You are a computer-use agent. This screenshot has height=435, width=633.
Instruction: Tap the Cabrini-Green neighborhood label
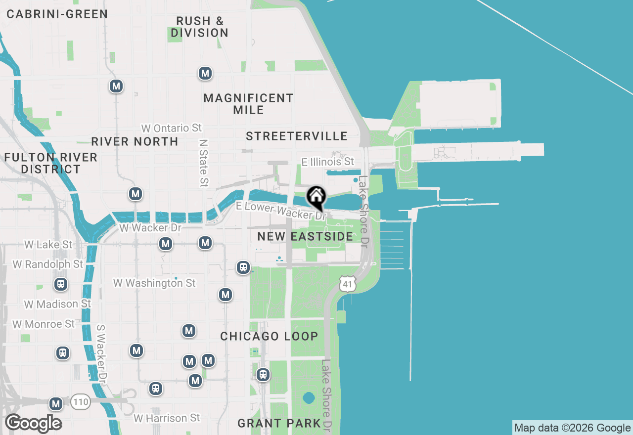pos(57,14)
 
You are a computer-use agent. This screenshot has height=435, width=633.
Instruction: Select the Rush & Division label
pos(200,27)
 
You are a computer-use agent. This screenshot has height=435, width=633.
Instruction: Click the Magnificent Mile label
pos(248,104)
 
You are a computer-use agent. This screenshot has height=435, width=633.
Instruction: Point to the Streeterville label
pos(297,136)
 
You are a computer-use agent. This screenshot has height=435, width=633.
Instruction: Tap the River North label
pos(135,141)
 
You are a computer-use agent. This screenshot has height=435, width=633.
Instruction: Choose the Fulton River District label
pos(50,163)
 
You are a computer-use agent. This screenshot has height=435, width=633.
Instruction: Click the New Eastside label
pos(305,236)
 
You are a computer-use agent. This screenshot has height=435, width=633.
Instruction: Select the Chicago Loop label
pos(269,336)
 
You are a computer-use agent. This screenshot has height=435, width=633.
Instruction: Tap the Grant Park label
pos(279,423)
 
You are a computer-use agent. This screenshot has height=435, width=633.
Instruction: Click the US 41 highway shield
pos(348,284)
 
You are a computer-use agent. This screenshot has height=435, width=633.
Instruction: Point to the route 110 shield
pos(80,402)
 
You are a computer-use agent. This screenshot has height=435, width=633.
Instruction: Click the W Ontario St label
pos(171,128)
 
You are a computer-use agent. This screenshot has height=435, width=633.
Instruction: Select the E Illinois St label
pos(328,162)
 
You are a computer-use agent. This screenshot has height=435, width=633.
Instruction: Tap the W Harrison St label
pos(167,418)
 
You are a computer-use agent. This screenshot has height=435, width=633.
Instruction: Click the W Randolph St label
pos(47,264)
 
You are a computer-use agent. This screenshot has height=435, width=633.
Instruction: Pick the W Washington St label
pos(154,283)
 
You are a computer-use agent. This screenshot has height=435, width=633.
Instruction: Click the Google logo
pos(33,424)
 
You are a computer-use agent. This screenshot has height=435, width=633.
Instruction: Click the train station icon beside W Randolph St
pos(61,284)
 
